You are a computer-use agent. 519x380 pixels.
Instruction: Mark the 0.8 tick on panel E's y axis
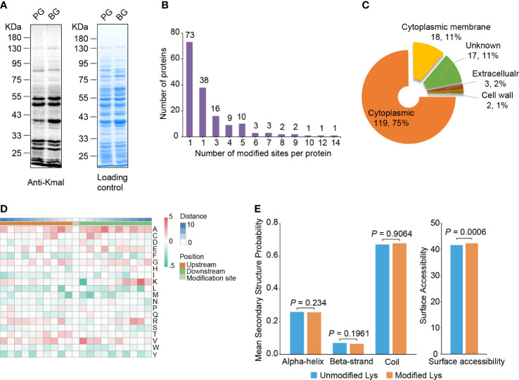pyautogui.click(x=269, y=224)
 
